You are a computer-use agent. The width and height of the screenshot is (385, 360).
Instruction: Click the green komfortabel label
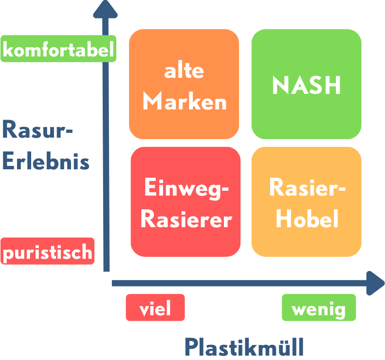point(58,49)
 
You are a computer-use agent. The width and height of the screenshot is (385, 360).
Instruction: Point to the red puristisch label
point(48,252)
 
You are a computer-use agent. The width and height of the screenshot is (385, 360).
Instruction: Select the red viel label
point(155,308)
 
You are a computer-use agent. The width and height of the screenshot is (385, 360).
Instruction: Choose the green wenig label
point(319,308)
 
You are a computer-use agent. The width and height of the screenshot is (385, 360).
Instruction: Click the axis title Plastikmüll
point(244,347)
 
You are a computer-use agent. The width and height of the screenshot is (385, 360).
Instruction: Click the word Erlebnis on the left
point(46,161)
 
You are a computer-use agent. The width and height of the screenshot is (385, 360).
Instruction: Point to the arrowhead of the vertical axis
point(105,8)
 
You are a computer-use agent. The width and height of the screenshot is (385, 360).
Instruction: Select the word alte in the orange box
point(184,71)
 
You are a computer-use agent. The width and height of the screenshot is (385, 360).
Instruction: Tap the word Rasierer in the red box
point(186,219)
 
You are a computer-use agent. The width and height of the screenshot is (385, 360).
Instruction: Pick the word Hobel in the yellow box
point(307,219)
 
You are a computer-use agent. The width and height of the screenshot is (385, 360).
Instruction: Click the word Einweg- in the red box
point(186,188)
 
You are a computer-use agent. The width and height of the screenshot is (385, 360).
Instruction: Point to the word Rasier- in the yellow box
point(307,188)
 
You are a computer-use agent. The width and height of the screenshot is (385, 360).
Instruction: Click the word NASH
point(307,86)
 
